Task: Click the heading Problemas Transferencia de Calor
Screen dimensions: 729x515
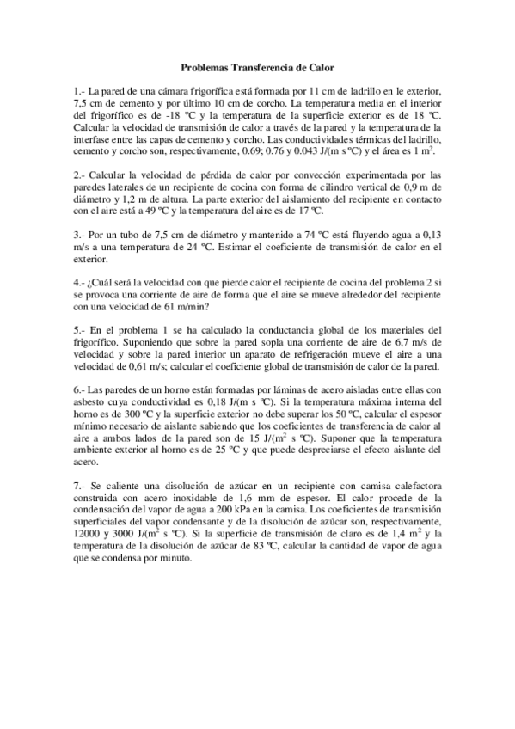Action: [257, 67]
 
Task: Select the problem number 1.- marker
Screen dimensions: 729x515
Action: [80, 91]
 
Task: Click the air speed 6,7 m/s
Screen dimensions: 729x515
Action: [410, 343]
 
